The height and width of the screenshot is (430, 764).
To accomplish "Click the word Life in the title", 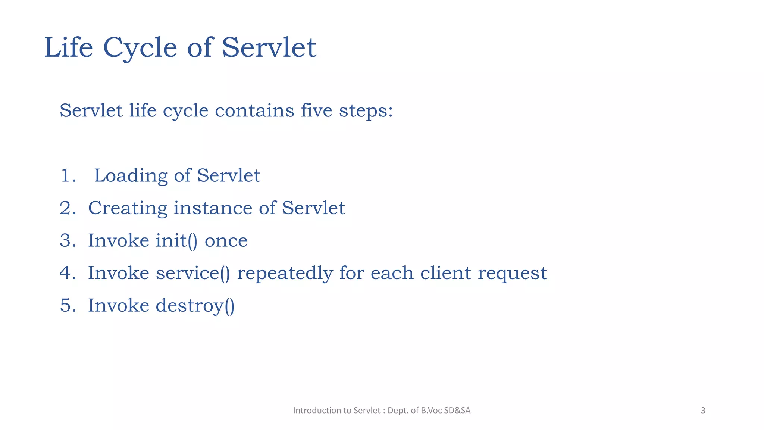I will click(x=68, y=48).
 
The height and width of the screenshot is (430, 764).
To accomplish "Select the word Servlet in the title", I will click(x=269, y=48).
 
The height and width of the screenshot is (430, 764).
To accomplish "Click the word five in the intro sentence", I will click(x=316, y=110).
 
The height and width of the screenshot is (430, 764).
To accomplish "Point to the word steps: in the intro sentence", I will click(x=366, y=111).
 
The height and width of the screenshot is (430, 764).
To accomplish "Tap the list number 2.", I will click(x=67, y=208).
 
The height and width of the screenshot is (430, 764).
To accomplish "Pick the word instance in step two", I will click(x=213, y=208).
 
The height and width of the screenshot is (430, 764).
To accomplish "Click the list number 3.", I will click(x=67, y=241).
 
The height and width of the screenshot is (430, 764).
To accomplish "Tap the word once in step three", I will click(x=226, y=241).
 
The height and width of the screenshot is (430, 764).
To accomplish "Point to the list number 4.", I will click(x=67, y=273).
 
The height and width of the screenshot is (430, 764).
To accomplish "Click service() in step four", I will click(x=193, y=273).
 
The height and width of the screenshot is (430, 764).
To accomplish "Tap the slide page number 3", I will click(x=703, y=411).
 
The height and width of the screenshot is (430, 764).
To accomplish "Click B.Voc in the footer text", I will click(x=431, y=411).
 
